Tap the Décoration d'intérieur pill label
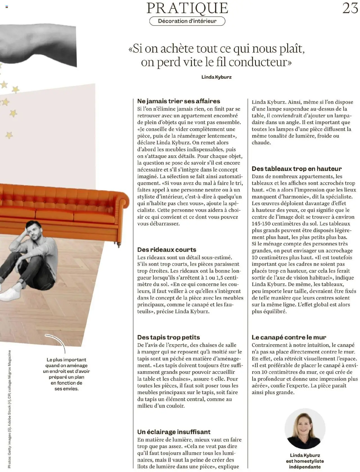[187, 21]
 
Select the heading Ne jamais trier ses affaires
[179, 101]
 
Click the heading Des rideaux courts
[166, 249]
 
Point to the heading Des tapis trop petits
[168, 337]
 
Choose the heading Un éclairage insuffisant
[174, 432]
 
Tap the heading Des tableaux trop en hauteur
[296, 169]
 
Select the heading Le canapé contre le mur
[289, 337]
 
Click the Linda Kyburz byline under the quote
[216, 77]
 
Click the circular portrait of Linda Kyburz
[305, 429]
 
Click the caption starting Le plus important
[66, 374]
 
